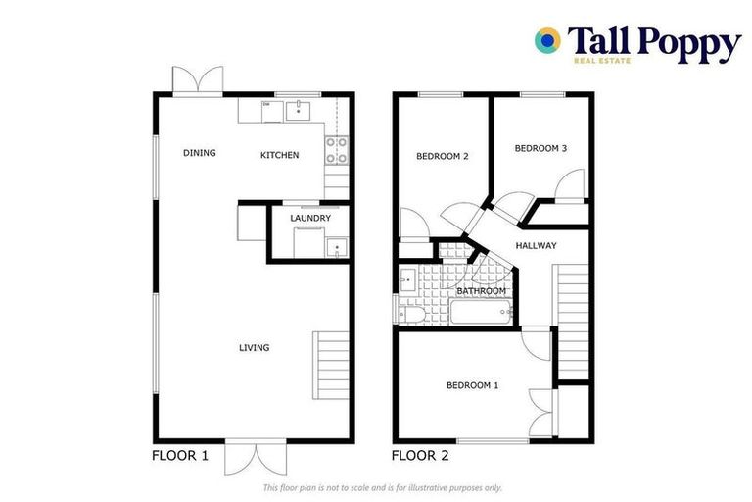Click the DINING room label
[x=199, y=153]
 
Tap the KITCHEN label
[x=279, y=155]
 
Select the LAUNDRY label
[x=309, y=218]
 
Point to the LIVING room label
[x=254, y=347]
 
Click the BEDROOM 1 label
[x=472, y=385]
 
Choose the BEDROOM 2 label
[x=442, y=156]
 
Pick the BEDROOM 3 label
[x=540, y=148]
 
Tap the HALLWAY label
[x=536, y=245]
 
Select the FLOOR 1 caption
[x=180, y=455]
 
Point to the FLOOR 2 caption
[x=420, y=455]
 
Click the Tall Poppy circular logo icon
[x=547, y=40]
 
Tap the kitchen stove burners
[x=336, y=149]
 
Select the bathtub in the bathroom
[x=479, y=314]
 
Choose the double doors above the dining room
[x=191, y=80]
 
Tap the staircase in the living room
[x=330, y=365]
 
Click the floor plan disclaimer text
[x=382, y=487]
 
